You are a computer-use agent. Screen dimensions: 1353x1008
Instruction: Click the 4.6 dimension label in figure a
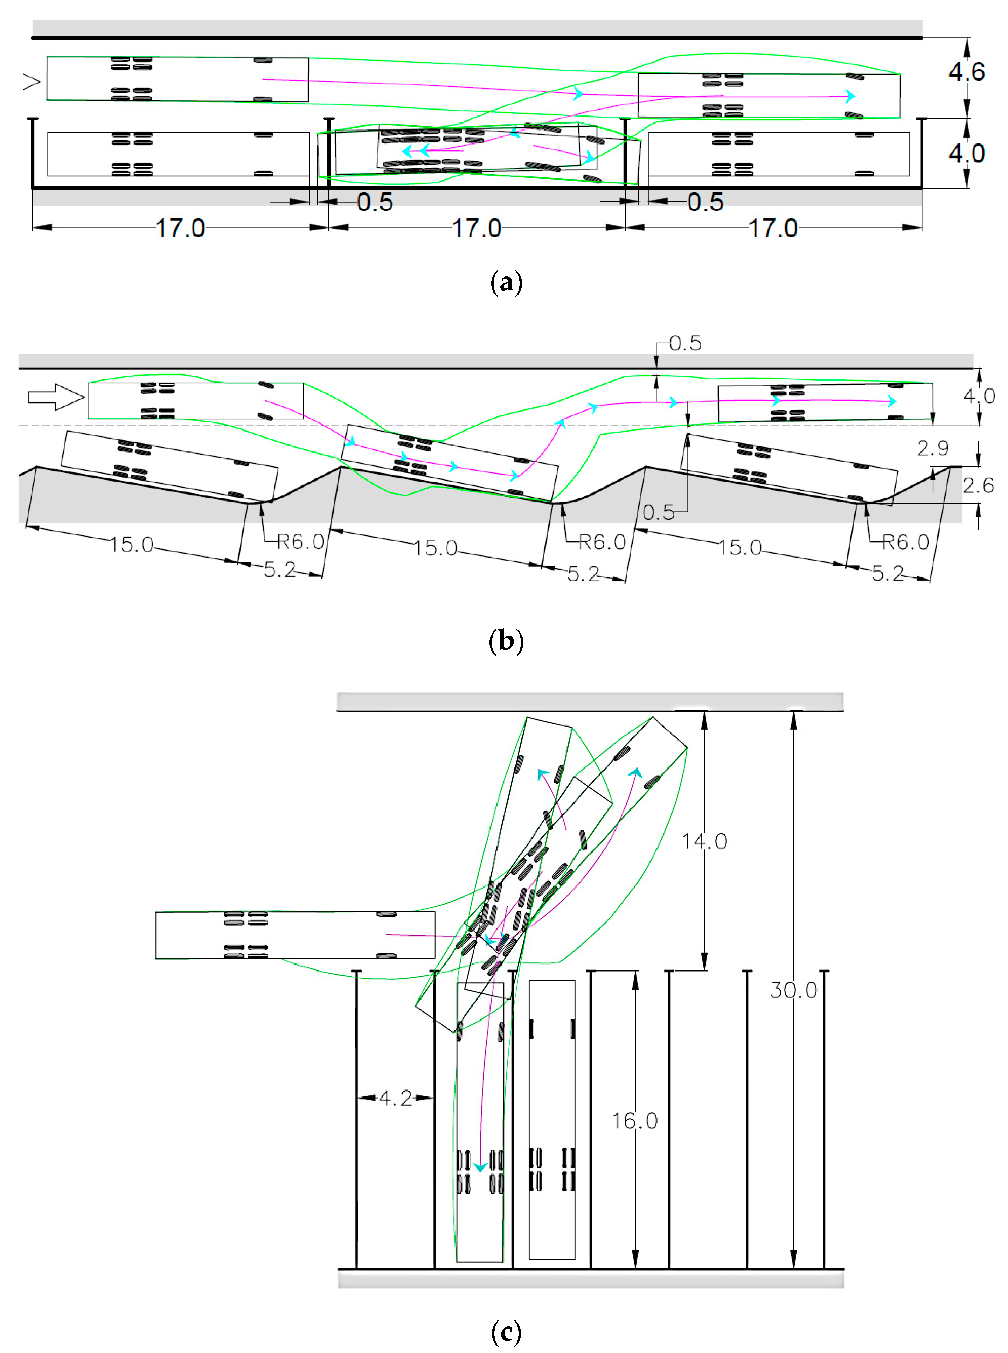(966, 72)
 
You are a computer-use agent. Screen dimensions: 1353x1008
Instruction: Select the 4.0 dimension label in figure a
(966, 153)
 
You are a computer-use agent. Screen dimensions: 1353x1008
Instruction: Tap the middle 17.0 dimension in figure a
(477, 229)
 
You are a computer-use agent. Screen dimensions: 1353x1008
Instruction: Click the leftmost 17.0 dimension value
(180, 229)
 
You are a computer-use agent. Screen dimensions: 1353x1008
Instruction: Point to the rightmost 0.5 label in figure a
(705, 202)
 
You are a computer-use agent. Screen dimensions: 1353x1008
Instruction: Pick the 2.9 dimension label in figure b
(933, 449)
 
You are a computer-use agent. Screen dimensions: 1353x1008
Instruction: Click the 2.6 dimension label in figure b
(978, 485)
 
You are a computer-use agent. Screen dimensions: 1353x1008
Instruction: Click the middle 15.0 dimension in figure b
(435, 548)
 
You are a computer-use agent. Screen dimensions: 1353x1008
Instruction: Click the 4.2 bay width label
(395, 1098)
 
